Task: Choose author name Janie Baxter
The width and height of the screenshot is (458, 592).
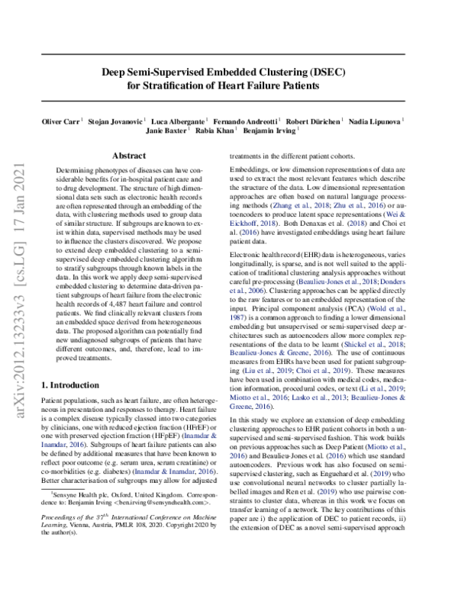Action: [x=166, y=131]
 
